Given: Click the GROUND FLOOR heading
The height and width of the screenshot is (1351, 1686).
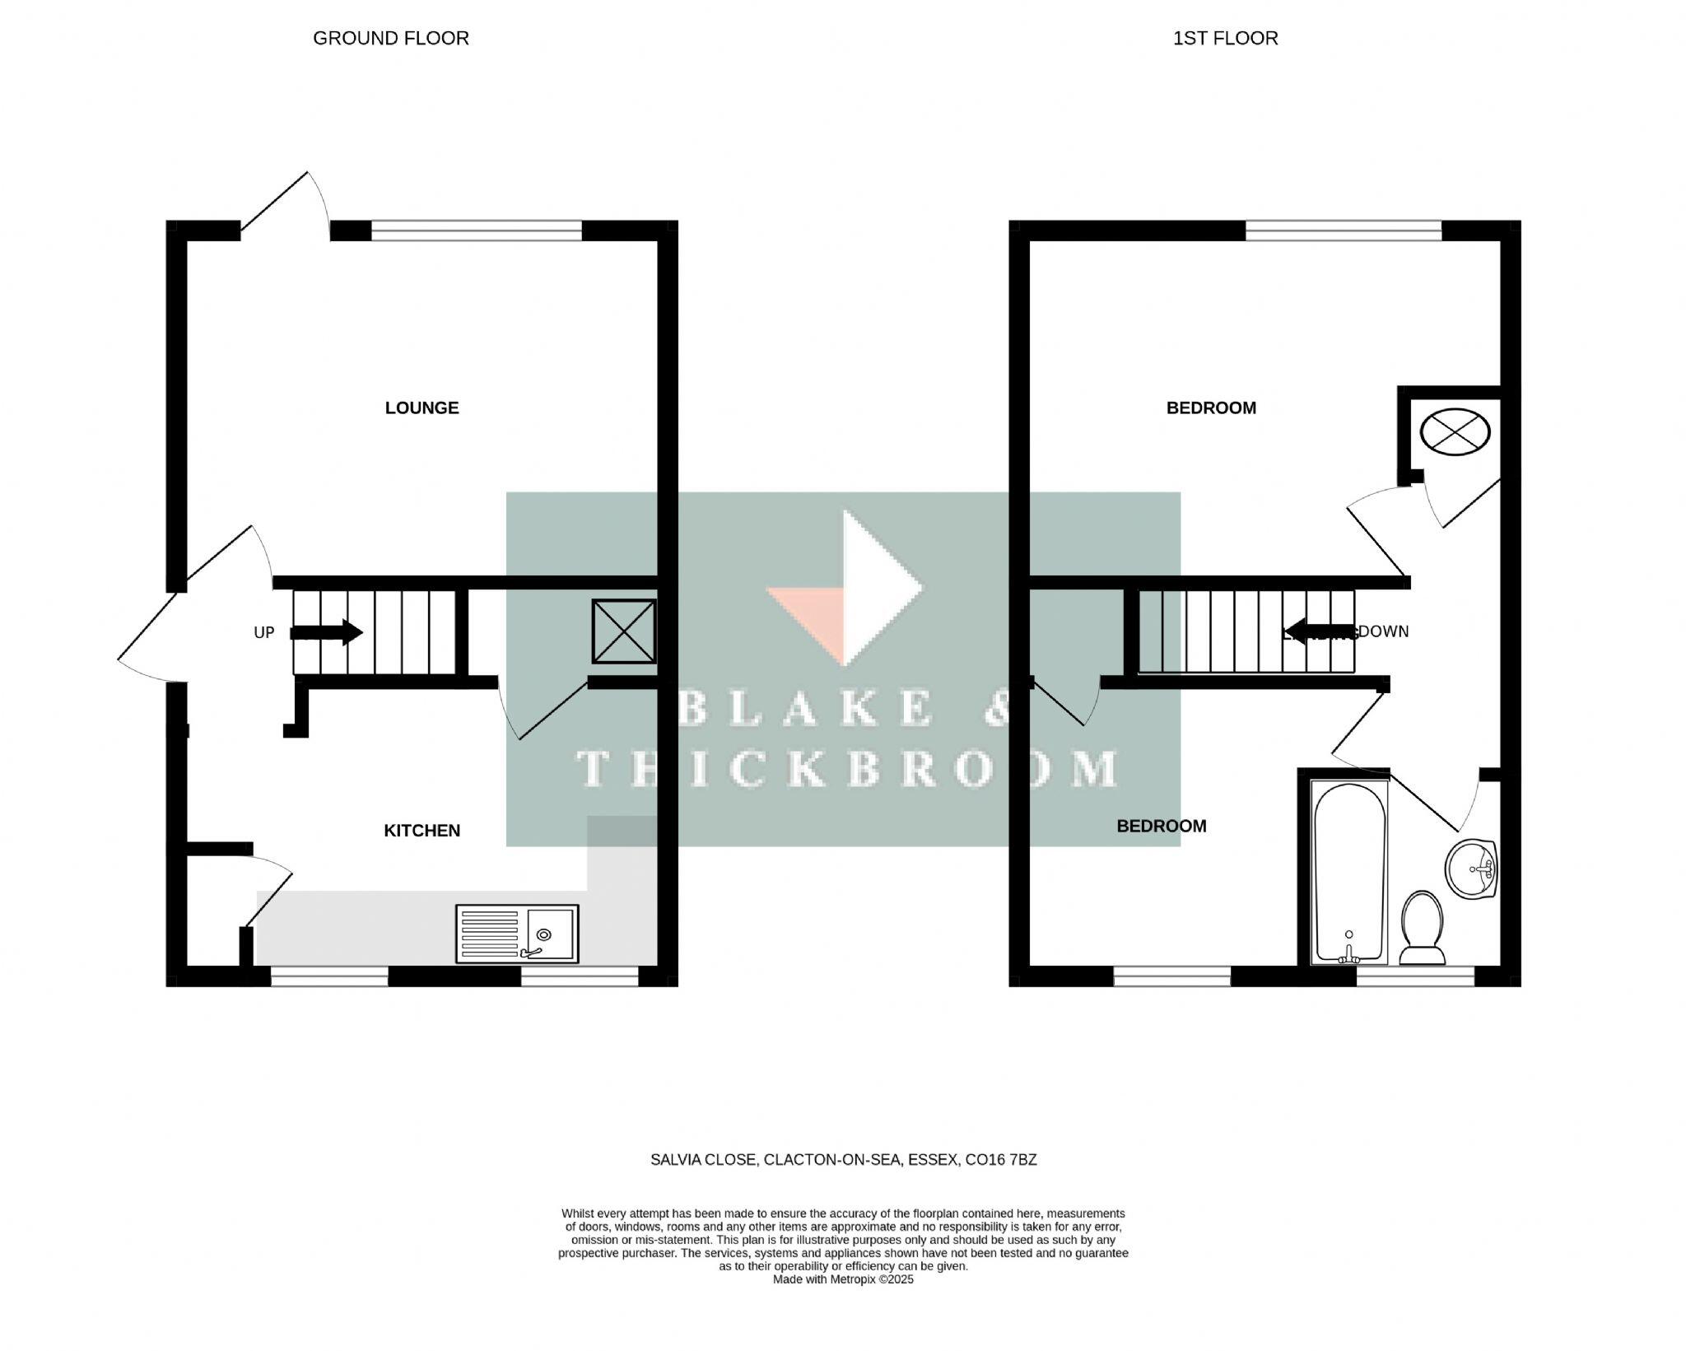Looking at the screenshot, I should click(390, 38).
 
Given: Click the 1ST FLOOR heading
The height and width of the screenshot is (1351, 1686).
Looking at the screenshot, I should click(1225, 38).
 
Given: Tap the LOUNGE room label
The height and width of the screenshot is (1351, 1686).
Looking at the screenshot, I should click(421, 408).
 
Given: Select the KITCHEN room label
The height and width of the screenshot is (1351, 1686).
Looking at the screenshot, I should click(421, 831).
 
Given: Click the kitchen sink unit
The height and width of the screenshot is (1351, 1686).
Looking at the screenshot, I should click(517, 934).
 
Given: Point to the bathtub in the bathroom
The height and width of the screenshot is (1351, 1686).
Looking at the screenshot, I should click(1348, 873).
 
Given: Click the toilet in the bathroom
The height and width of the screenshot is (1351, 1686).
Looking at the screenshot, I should click(1422, 927).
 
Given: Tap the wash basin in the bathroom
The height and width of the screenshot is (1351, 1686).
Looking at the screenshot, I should click(1471, 869).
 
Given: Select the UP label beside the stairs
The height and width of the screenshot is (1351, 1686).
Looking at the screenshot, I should click(263, 632).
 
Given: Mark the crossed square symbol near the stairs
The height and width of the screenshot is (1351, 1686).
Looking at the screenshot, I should click(624, 631).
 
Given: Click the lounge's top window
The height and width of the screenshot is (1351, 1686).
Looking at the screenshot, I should click(477, 230).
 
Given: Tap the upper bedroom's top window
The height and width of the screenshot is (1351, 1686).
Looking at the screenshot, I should click(1344, 230).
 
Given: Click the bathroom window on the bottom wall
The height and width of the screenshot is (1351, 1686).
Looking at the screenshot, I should click(1415, 976).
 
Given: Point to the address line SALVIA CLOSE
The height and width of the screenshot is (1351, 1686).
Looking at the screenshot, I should click(843, 1160).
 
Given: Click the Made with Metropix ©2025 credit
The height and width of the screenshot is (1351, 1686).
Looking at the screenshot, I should click(843, 1279).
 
